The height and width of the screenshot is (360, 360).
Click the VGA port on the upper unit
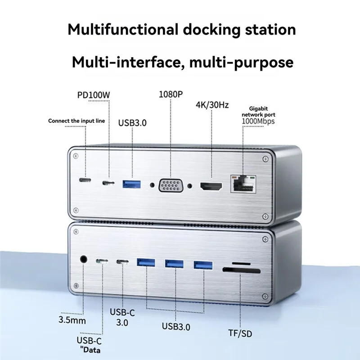coord(171,185)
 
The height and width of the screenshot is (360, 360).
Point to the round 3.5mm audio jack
coord(83,260)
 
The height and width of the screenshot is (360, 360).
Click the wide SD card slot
coord(241,271)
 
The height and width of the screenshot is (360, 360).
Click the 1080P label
coord(171,94)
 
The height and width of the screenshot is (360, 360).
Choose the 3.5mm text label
coord(72,321)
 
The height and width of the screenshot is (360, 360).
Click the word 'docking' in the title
coord(215,30)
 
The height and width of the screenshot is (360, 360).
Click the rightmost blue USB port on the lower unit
coord(202,264)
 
